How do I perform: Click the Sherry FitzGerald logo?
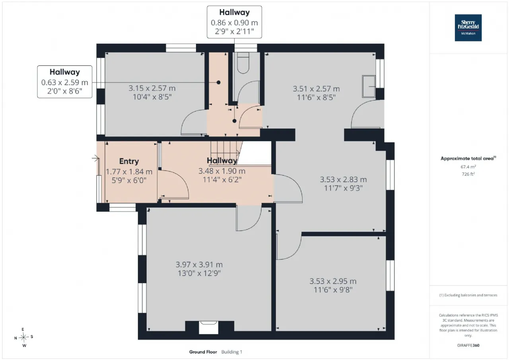[468, 28]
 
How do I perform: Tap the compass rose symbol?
[23, 337]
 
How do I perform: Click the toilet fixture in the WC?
[243, 63]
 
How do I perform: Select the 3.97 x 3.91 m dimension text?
[199, 265]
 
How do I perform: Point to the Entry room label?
[129, 161]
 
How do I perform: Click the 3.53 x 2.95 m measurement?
[333, 281]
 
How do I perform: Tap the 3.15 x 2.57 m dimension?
[152, 88]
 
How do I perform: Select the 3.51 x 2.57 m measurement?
[316, 89]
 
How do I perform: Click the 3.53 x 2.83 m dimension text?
[343, 179]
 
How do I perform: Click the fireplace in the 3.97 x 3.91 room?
[208, 327]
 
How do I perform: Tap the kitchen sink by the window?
[369, 86]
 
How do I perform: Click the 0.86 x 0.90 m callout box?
[234, 22]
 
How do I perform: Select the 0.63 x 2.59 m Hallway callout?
[65, 82]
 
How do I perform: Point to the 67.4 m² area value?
[468, 167]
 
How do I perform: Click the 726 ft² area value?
[468, 174]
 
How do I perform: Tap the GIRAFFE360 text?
[468, 345]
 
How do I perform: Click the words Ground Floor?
[203, 352]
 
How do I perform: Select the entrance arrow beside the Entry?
[95, 158]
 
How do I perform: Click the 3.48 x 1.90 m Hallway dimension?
[222, 171]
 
